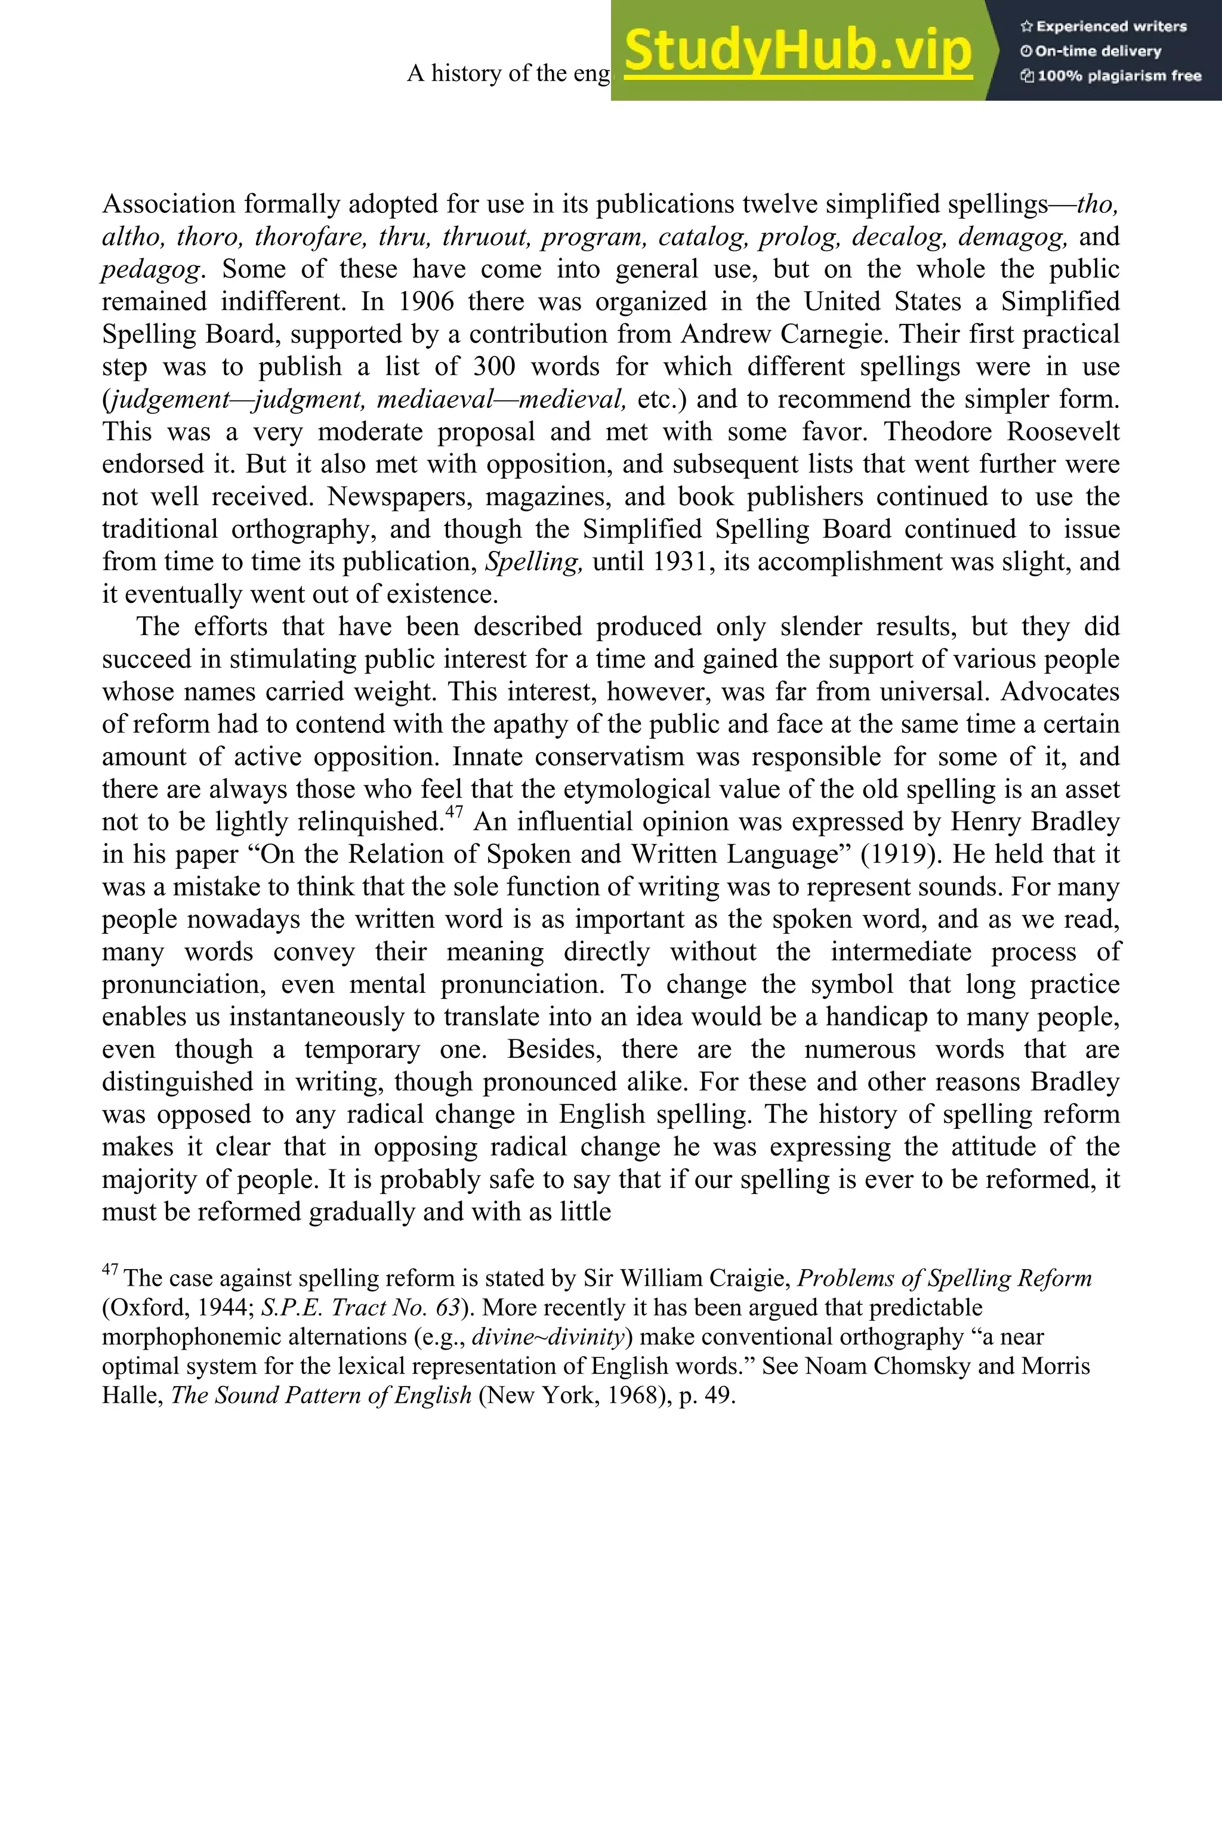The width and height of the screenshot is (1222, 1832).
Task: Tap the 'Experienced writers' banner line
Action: pyautogui.click(x=1103, y=26)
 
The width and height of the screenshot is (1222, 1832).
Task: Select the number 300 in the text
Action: pyautogui.click(x=495, y=367)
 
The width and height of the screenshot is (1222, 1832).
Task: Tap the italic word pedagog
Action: pyautogui.click(x=152, y=270)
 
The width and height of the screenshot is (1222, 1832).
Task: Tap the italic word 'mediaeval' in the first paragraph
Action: pyautogui.click(x=435, y=400)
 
